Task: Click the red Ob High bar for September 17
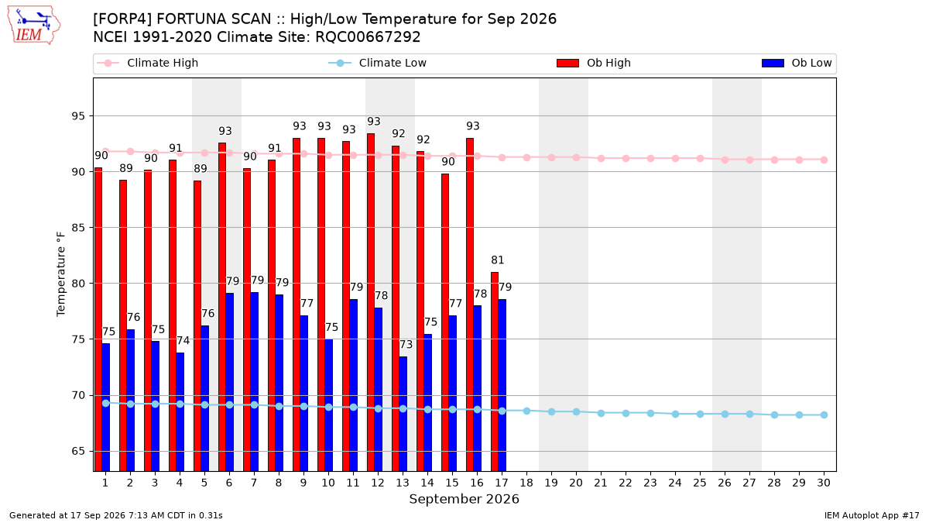pos(495,371)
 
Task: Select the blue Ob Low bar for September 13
pos(403,414)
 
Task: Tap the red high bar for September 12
pos(371,302)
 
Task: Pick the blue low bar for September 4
pos(180,411)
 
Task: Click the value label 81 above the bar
pos(497,260)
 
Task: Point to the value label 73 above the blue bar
pos(406,345)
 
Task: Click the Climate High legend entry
pos(147,63)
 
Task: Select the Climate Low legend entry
pos(377,63)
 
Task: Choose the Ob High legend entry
pos(594,63)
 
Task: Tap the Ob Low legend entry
pos(797,63)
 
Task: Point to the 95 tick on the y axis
pos(78,115)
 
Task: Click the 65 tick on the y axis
pos(78,451)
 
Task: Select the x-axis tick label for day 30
pos(824,483)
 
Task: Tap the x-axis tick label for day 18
pos(526,483)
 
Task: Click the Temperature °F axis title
pos(61,274)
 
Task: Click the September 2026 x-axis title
pos(464,499)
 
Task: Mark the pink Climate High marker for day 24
pos(675,159)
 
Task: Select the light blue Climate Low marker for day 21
pos(601,414)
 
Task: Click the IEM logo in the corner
pos(34,26)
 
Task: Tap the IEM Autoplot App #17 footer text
pos(872,515)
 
